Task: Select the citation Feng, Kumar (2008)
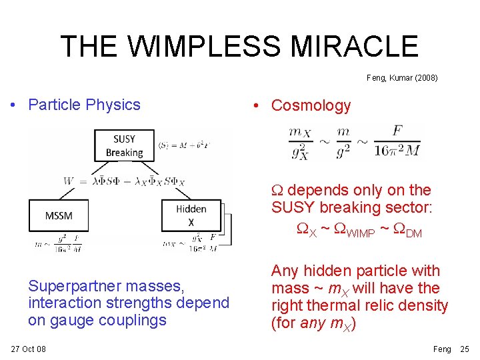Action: coord(402,78)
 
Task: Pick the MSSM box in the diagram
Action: coord(59,215)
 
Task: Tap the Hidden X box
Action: coord(191,215)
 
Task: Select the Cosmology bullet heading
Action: coord(311,105)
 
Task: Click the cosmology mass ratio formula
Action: coord(354,141)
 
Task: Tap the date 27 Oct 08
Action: coord(28,349)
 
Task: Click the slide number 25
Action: coord(465,349)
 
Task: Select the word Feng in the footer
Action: coord(442,349)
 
